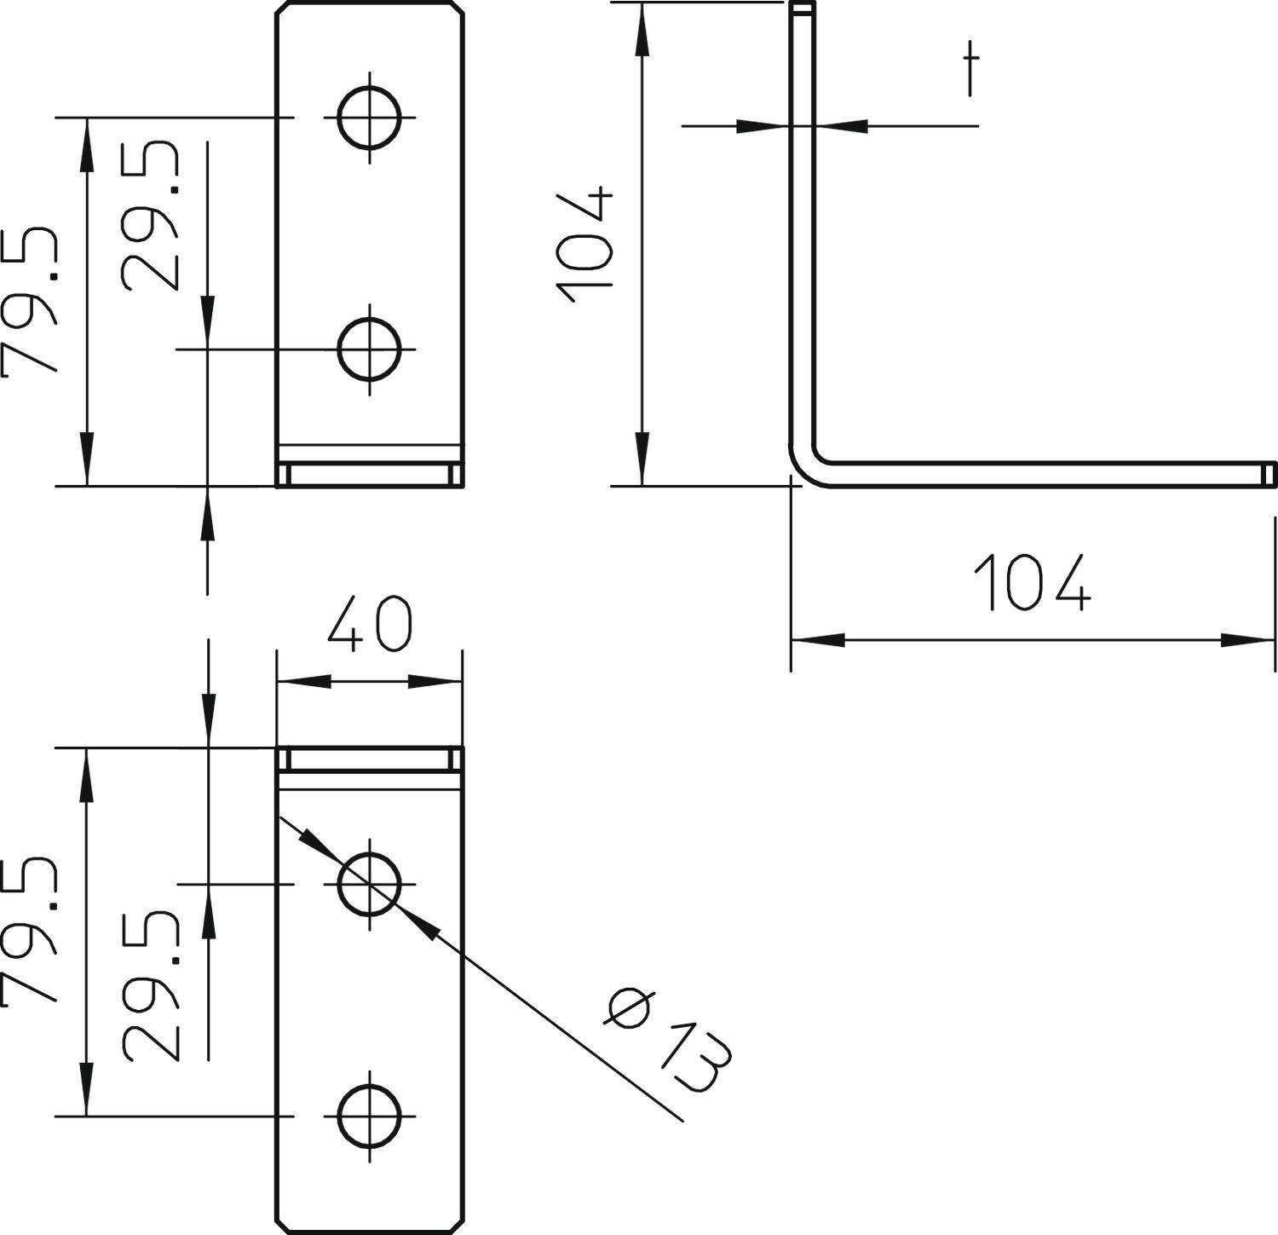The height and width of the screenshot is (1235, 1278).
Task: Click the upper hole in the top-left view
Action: pos(369,117)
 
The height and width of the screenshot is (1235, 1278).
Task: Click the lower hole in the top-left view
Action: pos(369,349)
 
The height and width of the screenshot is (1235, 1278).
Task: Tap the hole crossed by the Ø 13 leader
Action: pos(369,884)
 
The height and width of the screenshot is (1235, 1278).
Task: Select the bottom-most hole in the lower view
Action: pos(369,1115)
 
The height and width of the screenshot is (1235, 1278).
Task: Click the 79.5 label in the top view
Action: pos(32,303)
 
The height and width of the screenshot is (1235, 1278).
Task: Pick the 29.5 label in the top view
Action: pos(152,217)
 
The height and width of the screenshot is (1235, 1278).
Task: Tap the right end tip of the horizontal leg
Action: pos(1269,474)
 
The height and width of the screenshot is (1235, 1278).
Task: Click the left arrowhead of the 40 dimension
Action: pos(303,681)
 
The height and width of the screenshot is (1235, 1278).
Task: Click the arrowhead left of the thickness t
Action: pos(761,126)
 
